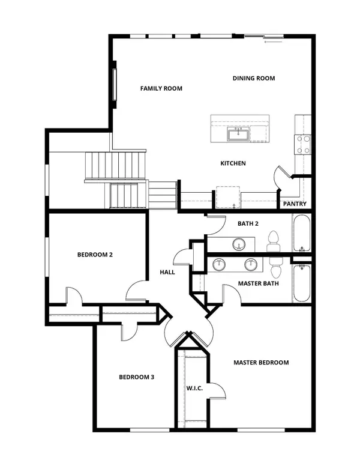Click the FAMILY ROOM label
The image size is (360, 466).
point(161,88)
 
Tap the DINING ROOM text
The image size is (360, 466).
point(254,78)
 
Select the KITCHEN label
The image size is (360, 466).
point(233,163)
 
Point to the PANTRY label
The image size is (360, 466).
point(295,204)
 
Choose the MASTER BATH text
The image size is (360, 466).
point(257,283)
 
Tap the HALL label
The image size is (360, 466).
point(167,272)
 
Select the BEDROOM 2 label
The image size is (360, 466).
point(95,255)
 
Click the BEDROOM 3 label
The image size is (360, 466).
point(136,377)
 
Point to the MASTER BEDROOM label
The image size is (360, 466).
point(261,363)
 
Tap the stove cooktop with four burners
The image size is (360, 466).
point(302,144)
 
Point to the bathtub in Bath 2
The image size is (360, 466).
point(302,234)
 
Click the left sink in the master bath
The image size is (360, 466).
point(220,264)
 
